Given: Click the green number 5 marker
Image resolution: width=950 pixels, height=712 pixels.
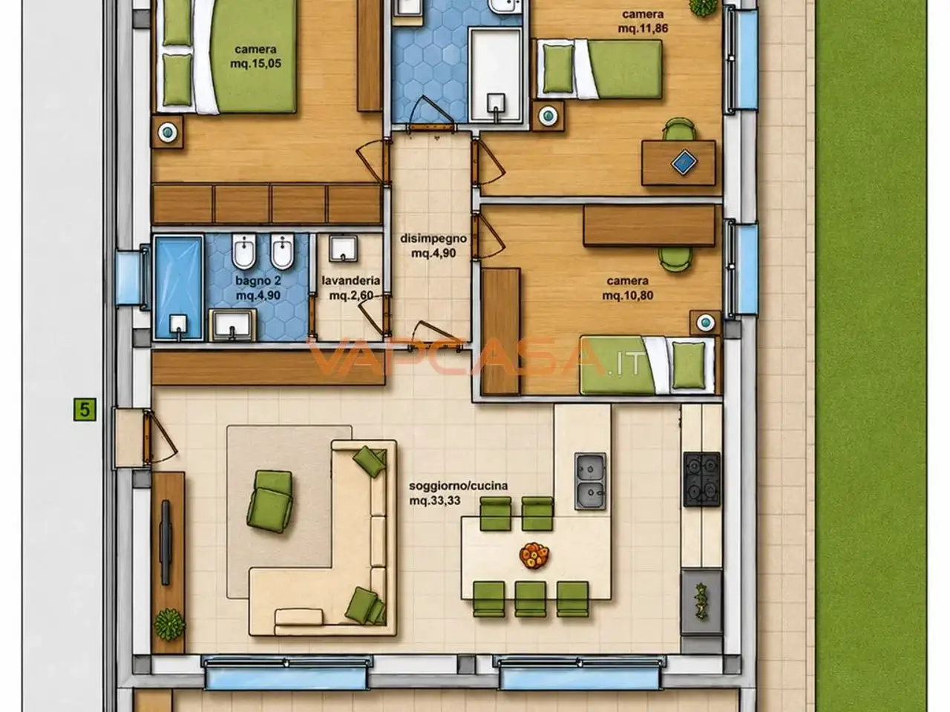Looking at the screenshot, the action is (85, 409).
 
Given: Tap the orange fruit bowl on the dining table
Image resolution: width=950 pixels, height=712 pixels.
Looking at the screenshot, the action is (534, 555).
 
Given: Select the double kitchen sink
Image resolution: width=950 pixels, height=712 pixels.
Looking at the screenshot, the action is (590, 481).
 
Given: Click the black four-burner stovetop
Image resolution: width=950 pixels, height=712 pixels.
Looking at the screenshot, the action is (701, 479).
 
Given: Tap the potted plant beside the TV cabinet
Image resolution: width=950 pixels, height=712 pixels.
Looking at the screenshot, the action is (170, 624).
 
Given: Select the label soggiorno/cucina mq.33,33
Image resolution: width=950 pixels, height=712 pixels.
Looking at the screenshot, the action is (458, 493).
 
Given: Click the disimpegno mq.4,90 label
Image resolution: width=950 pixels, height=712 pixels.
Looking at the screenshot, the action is (433, 245).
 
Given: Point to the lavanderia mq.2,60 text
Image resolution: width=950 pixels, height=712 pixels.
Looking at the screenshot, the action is (351, 288).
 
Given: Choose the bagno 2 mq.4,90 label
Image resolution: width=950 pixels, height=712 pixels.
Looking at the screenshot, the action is (258, 288).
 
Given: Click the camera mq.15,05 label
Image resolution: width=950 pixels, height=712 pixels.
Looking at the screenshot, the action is (255, 56).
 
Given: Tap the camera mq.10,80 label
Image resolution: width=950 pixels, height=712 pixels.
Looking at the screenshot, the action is (628, 288).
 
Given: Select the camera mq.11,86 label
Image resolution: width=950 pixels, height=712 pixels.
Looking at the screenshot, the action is (643, 22).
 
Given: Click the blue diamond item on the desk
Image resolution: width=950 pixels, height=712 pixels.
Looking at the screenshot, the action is (684, 162).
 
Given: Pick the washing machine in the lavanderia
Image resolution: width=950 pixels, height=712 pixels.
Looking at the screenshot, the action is (343, 248).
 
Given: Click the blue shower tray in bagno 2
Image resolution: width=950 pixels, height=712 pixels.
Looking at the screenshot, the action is (178, 288).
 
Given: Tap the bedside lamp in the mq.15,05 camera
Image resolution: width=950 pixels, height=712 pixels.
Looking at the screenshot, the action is (168, 132).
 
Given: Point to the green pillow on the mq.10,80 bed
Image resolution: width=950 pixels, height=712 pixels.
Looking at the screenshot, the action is (689, 366).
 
